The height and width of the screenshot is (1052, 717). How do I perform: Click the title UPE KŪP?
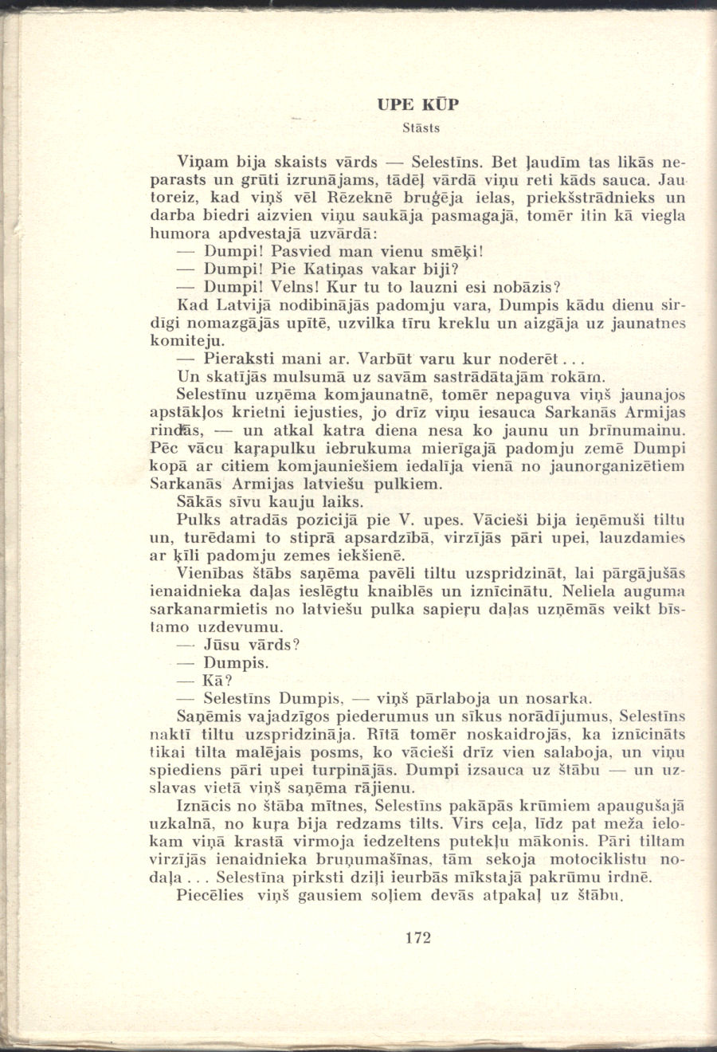[418, 104]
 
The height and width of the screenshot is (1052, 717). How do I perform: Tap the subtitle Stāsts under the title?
[421, 128]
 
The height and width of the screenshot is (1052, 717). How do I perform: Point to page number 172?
[417, 937]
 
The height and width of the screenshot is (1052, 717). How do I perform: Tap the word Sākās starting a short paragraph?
[201, 502]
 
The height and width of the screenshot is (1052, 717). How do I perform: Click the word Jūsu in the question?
[225, 645]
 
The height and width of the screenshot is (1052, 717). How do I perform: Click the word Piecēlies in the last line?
[212, 896]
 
